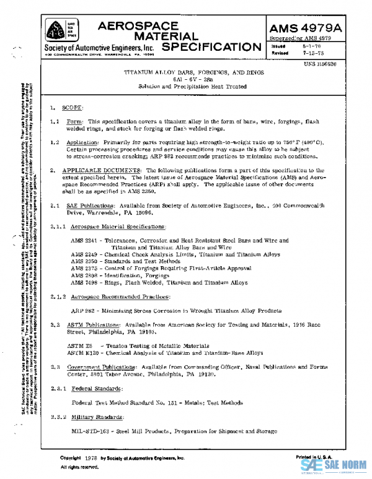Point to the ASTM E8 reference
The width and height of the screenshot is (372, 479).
click(79, 345)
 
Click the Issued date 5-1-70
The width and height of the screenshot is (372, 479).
click(311, 46)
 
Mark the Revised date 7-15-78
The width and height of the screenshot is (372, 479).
click(312, 53)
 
